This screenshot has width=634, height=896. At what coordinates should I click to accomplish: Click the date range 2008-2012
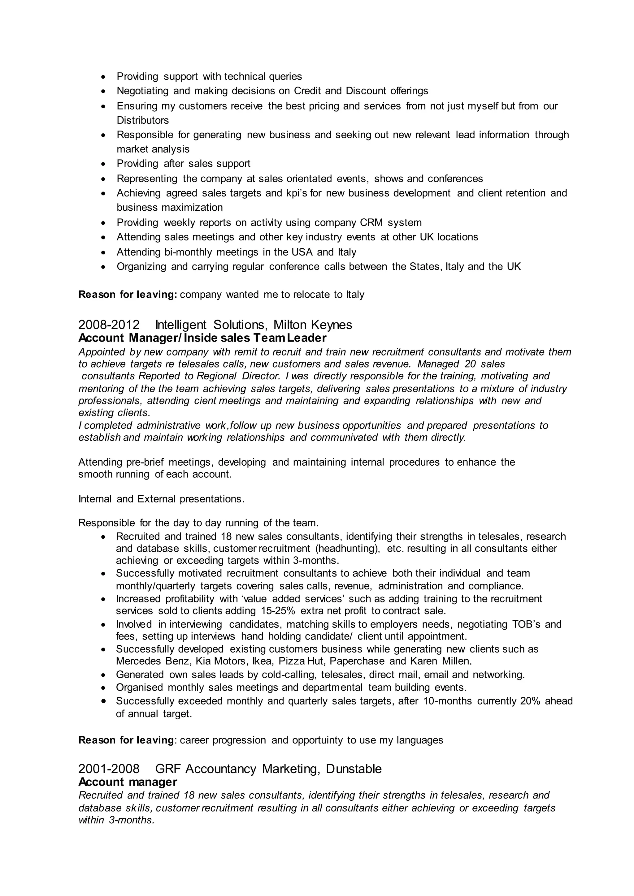[x=109, y=325]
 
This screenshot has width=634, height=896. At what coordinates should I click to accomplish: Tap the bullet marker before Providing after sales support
[x=103, y=164]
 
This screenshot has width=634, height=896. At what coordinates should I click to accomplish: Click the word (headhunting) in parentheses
[x=347, y=548]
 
